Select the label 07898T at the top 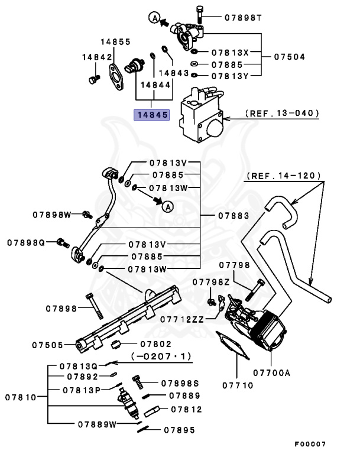[242, 18]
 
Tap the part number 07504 [290, 57]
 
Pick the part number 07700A [271, 372]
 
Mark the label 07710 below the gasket [238, 385]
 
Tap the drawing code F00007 [310, 443]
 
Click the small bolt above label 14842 [91, 78]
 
